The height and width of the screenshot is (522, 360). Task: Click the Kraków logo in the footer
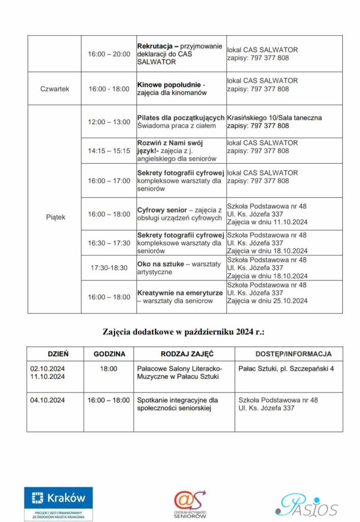58,503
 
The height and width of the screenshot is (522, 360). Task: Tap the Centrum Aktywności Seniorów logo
190,504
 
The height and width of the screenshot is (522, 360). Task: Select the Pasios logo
306,504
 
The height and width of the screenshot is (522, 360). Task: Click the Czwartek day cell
55,89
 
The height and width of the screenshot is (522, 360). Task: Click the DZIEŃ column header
58,354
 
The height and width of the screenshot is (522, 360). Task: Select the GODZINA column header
109,354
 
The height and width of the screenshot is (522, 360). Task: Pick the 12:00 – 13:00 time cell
109,122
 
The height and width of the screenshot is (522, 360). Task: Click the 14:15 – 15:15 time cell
109,151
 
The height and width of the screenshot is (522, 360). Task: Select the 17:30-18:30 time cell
109,268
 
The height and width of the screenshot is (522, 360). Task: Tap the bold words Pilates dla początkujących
181,118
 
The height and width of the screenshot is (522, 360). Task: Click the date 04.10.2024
47,400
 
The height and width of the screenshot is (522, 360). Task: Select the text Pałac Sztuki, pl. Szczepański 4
286,368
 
